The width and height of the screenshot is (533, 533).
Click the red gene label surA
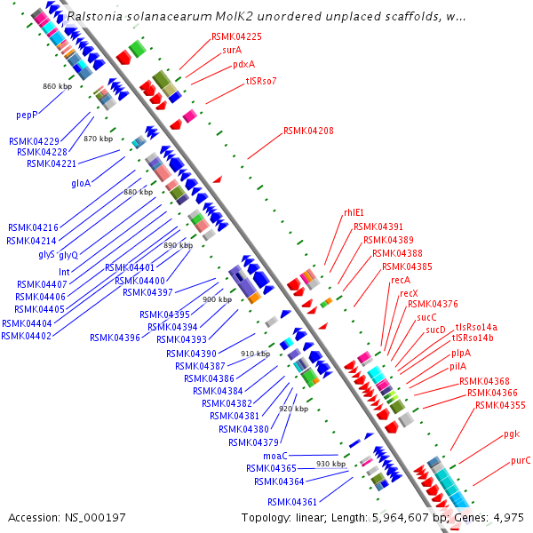[x=232, y=50]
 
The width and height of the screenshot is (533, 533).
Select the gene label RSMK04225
[x=236, y=36]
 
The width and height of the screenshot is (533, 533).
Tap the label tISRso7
[x=261, y=81]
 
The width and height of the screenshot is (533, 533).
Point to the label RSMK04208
[x=308, y=131]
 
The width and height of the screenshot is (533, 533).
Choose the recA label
[x=401, y=280]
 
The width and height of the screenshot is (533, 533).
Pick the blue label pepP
[x=27, y=115]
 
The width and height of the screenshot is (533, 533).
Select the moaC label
[x=276, y=454]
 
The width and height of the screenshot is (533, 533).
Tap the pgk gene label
[x=511, y=434]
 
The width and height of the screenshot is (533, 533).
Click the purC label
[x=521, y=460]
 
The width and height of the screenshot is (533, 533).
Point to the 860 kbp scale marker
[x=57, y=86]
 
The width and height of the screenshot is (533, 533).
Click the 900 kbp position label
[x=217, y=300]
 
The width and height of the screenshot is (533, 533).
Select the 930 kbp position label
[x=330, y=465]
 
